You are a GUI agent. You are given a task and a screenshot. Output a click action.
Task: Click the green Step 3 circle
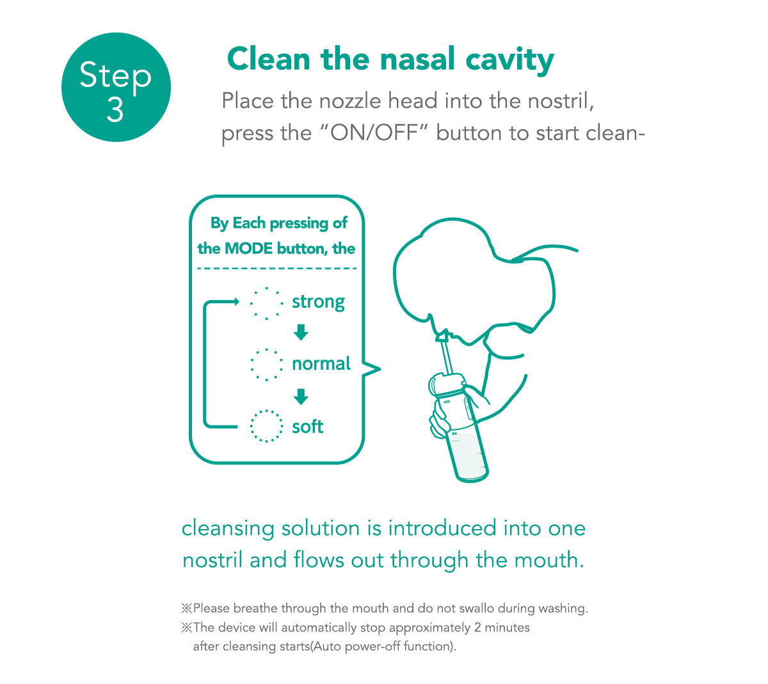coord(116,87)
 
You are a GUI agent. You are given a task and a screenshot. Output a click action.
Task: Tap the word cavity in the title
coord(509,61)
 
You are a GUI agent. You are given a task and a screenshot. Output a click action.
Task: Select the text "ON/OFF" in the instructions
coord(374,133)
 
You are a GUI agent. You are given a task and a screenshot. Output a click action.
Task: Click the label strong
coord(318,302)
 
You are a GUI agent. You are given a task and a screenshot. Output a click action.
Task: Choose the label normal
coord(321,363)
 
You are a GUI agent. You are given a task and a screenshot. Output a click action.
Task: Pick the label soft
coord(307,426)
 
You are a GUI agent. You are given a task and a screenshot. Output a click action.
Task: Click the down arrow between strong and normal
coord(301,332)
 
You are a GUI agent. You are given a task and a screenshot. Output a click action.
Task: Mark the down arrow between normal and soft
coord(301,397)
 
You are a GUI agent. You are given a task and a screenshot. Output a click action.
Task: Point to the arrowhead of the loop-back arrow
coord(237,301)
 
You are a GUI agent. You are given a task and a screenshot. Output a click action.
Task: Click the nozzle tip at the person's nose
coord(443,335)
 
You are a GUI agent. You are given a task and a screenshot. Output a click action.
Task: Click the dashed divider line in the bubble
coord(276,268)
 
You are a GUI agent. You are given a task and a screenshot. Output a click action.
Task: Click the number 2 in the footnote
coord(477,628)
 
